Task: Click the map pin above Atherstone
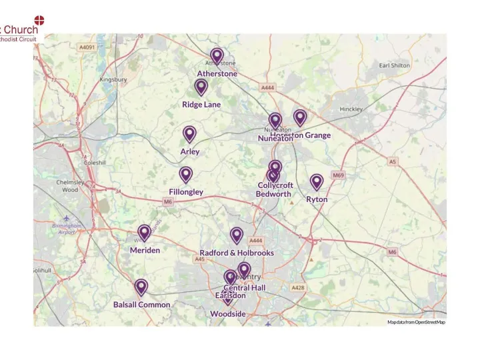[217, 57]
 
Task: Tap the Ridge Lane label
[201, 105]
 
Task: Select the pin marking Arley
[190, 135]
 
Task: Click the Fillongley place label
[186, 192]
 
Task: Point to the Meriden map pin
[144, 233]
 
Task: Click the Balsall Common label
[141, 305]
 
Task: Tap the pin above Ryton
[317, 182]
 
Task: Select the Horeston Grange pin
[300, 118]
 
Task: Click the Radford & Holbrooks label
[237, 253]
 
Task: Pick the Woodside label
[228, 314]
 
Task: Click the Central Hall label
[245, 287]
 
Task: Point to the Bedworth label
[273, 194]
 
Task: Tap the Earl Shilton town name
[394, 65]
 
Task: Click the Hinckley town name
[351, 109]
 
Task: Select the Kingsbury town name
[113, 79]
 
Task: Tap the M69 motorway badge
[339, 175]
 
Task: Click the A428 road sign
[297, 287]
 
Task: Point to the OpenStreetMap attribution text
[417, 322]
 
